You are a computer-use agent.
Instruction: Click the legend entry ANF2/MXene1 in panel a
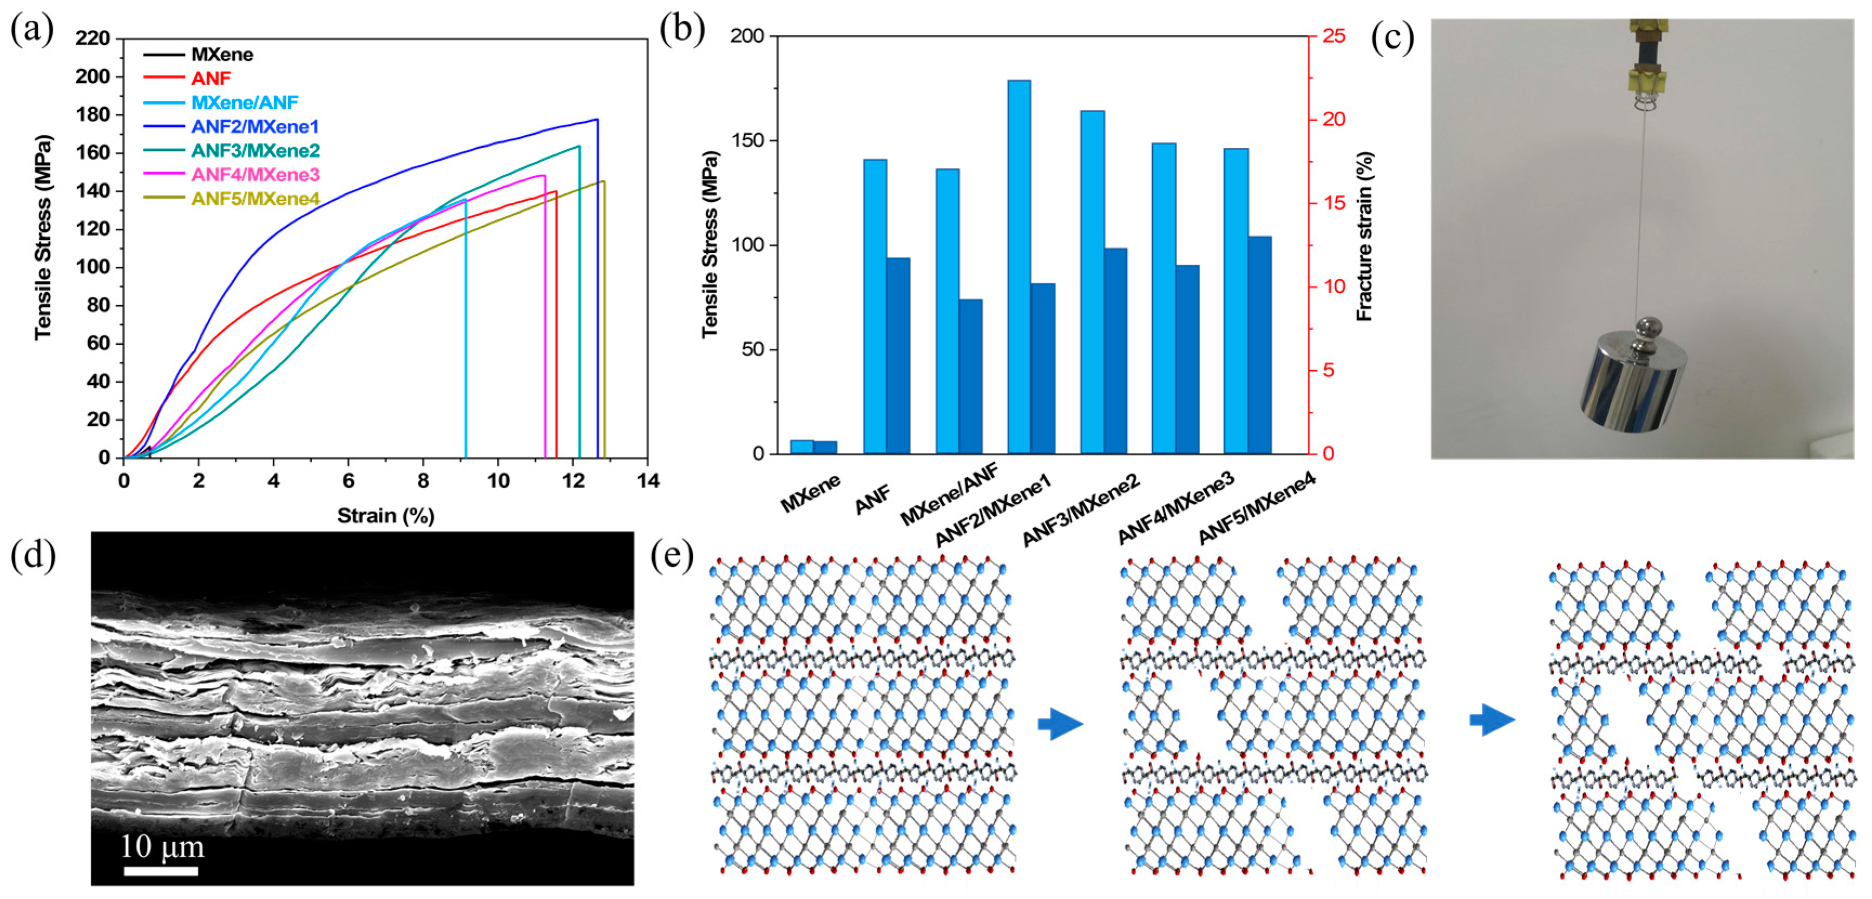254,127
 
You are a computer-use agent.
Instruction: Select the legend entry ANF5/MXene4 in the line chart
254,199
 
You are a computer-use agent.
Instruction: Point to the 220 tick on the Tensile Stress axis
93,38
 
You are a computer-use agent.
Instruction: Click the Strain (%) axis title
385,516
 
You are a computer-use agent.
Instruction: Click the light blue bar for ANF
875,306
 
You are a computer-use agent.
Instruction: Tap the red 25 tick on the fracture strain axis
1334,36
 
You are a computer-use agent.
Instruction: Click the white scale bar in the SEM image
161,871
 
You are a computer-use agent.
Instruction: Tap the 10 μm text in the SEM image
161,846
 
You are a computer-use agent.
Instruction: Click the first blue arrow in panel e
1060,724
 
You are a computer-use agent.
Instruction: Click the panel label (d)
32,557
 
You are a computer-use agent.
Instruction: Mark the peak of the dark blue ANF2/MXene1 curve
596,120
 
